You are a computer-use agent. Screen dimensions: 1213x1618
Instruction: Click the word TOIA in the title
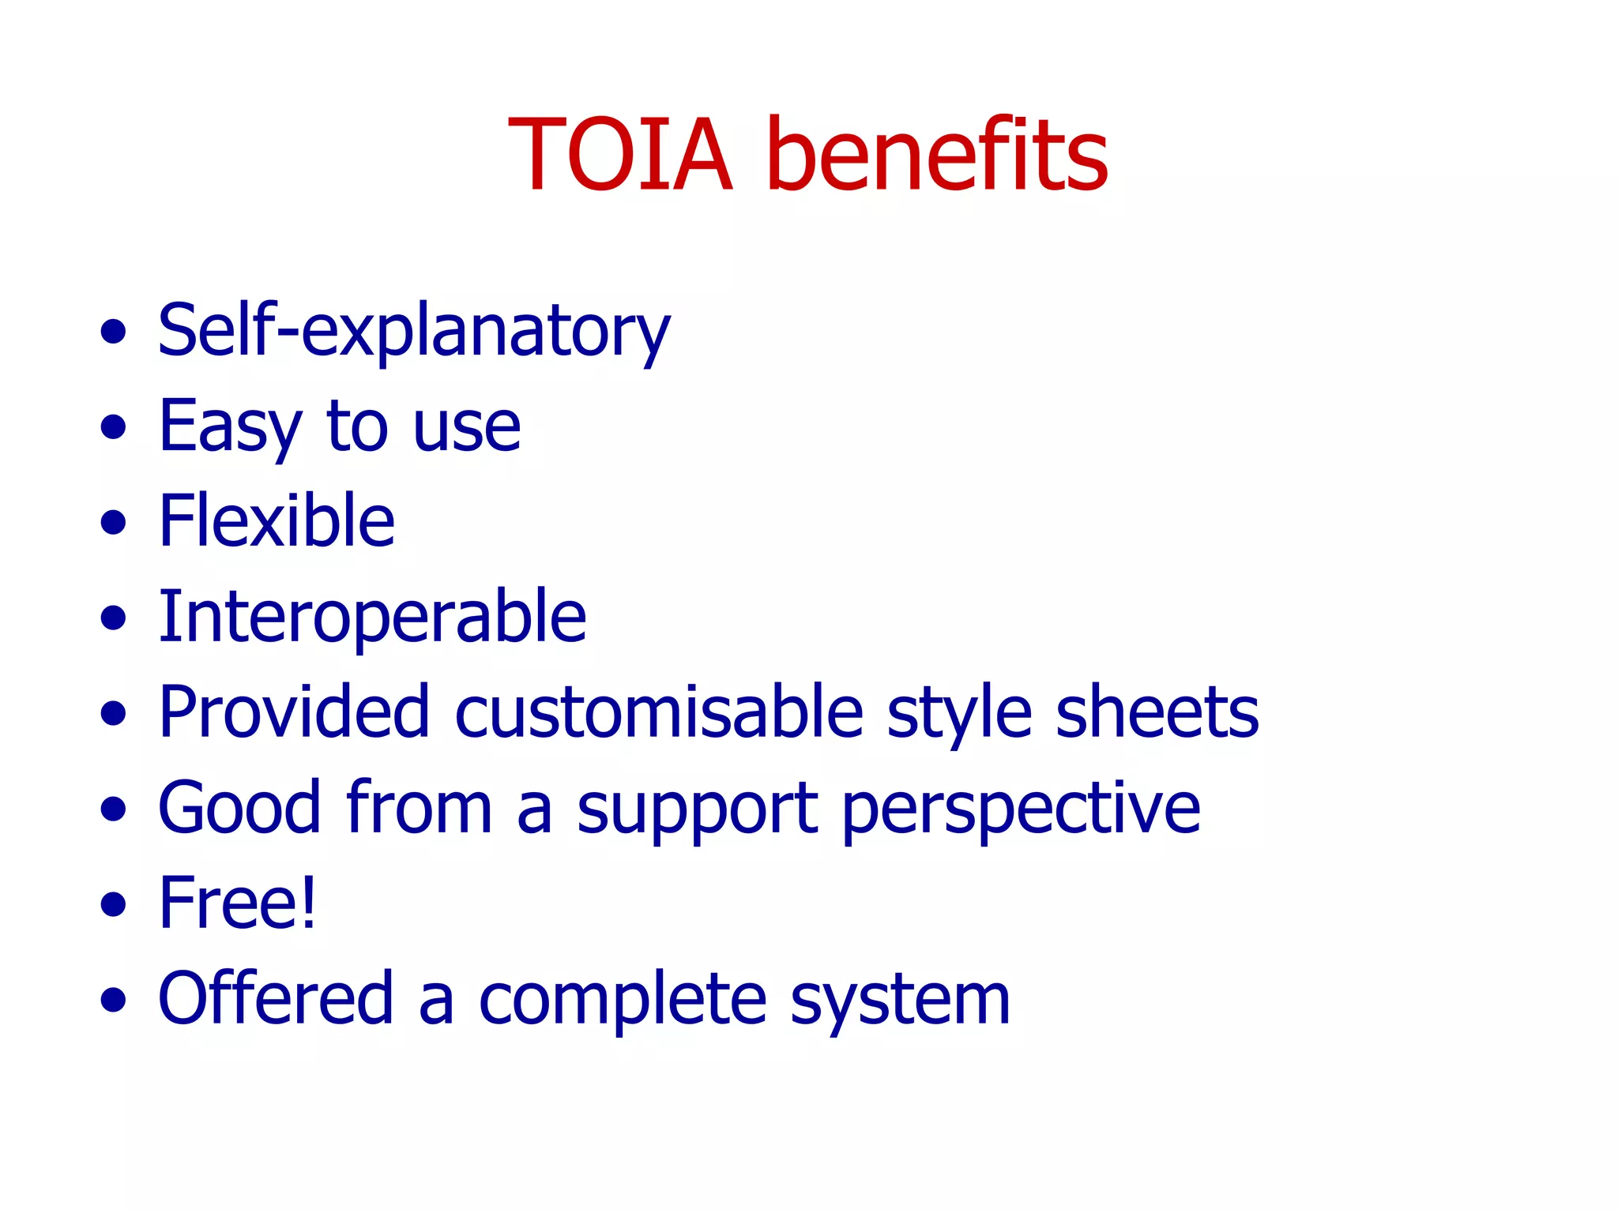[x=620, y=154]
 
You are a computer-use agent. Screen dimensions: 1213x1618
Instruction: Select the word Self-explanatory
[x=414, y=332]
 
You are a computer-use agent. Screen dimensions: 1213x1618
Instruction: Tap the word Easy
[x=230, y=427]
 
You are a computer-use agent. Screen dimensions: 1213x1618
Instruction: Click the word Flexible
[x=277, y=521]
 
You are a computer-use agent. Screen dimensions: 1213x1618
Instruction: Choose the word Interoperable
[x=372, y=618]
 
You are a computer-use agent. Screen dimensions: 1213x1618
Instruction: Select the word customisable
[x=659, y=712]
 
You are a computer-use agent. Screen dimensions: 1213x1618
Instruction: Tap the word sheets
[x=1157, y=712]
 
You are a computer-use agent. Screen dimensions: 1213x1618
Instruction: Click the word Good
[x=240, y=808]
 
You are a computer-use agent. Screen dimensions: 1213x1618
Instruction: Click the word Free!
[x=237, y=903]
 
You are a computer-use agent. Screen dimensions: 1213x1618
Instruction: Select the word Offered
[x=276, y=998]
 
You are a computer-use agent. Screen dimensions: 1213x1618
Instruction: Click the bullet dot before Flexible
[x=114, y=523]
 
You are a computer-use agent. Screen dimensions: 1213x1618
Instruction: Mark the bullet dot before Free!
[x=114, y=904]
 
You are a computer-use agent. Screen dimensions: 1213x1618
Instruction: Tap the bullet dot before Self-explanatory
[x=114, y=332]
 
